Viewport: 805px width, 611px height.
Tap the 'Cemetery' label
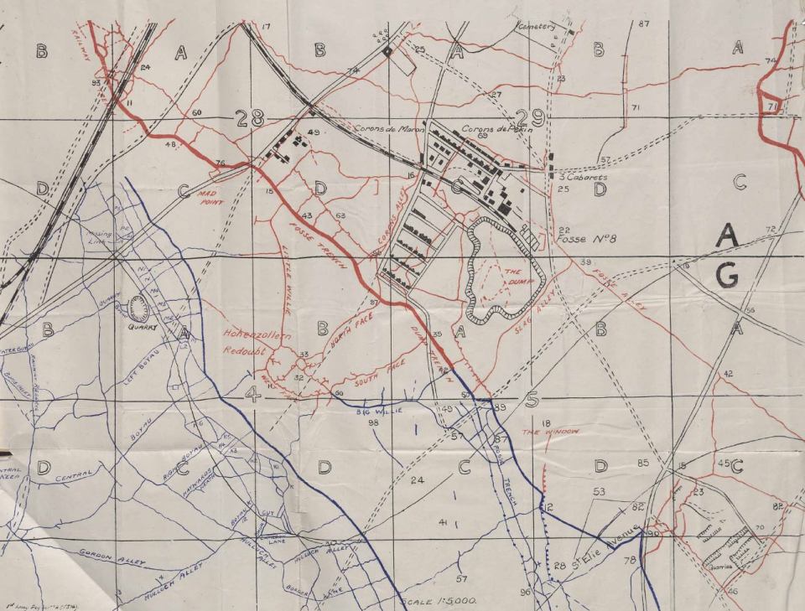(x=538, y=26)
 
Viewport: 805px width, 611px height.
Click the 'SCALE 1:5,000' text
(x=439, y=601)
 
